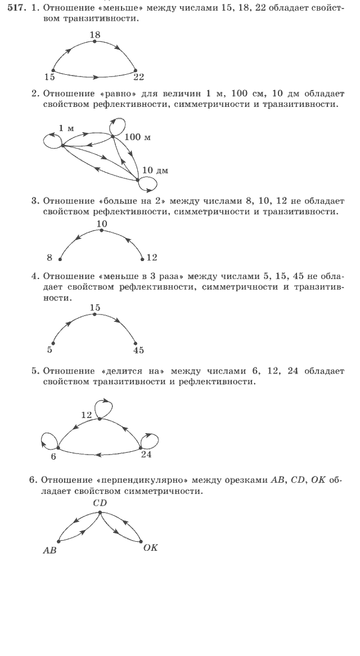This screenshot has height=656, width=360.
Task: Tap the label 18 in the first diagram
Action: pos(94,35)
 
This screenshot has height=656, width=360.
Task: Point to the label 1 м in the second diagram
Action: pos(66,128)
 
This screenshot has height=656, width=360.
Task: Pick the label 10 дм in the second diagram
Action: pos(155,170)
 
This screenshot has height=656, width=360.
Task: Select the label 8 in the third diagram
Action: pos(49,258)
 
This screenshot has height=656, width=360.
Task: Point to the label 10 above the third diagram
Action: pos(101,223)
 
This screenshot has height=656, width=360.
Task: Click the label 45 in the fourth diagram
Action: pos(138,350)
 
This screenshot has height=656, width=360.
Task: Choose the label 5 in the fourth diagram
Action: pos(49,350)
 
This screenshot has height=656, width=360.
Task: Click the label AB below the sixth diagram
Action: pos(50,551)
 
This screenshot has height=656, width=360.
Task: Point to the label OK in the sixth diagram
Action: pos(150,547)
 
